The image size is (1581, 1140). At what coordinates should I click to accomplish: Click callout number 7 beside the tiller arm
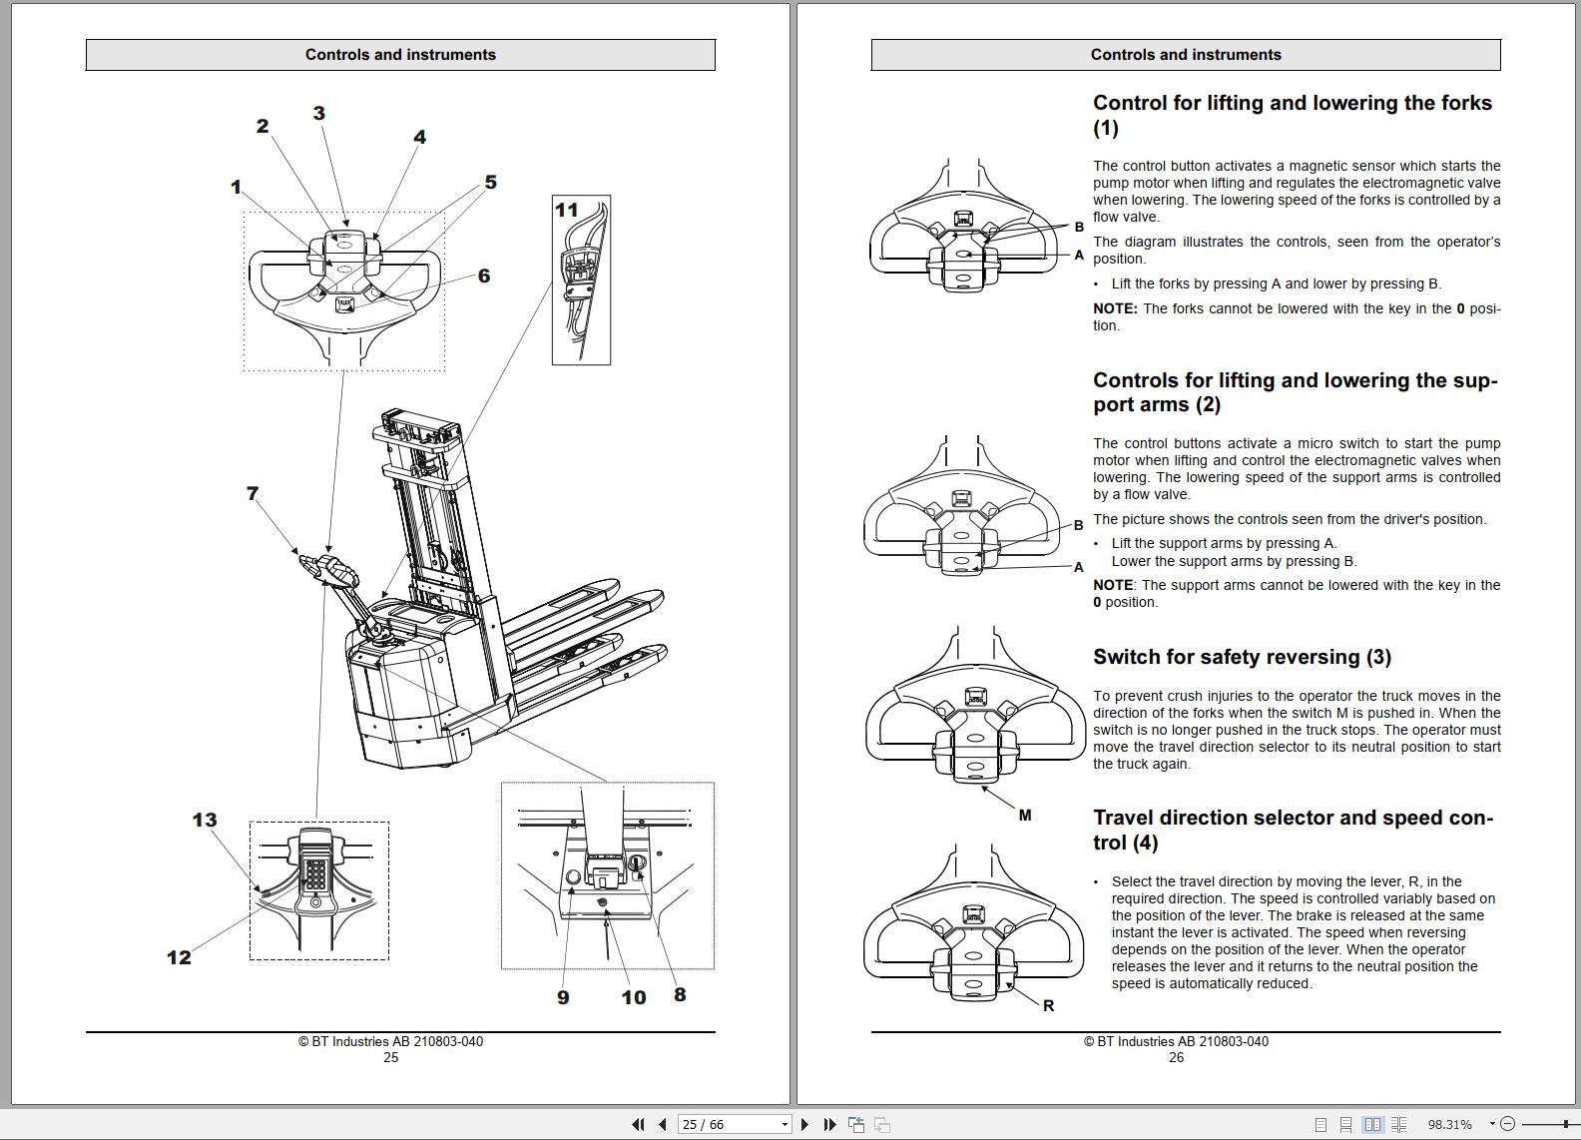tap(253, 493)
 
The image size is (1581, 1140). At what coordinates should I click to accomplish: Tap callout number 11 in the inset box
tap(566, 210)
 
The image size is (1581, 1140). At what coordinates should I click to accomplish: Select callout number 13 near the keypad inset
tap(205, 820)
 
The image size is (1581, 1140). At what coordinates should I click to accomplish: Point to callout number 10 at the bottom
tap(634, 997)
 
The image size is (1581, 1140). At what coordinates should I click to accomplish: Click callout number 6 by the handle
tap(484, 276)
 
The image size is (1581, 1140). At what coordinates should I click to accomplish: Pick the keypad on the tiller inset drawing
tap(315, 875)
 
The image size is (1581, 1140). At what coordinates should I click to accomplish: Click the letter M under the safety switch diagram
tap(1025, 816)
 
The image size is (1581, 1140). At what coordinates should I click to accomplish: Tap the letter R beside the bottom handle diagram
tap(1048, 1005)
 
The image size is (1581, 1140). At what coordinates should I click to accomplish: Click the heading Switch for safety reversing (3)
tap(1242, 657)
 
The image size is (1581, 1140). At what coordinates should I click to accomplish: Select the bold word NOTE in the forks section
tap(1115, 308)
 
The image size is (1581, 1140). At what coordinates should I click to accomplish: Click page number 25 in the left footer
tap(390, 1057)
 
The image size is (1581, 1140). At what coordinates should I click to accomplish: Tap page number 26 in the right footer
tap(1176, 1057)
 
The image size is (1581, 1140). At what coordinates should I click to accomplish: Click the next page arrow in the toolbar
tap(805, 1124)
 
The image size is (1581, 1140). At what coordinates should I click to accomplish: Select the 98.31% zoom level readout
tap(1450, 1124)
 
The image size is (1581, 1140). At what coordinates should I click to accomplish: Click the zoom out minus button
tap(1507, 1124)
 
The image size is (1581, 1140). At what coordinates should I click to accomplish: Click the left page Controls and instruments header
tap(400, 55)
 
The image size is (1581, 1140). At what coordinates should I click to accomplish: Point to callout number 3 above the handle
tap(319, 113)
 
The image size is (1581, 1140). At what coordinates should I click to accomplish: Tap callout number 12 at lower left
tap(179, 957)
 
